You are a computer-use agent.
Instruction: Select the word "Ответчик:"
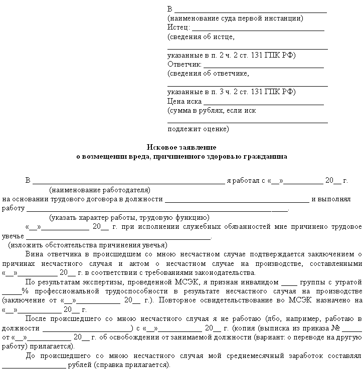185,65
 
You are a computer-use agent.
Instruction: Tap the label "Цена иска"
185,101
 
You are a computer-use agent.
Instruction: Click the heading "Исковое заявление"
181,147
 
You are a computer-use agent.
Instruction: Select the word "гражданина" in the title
266,156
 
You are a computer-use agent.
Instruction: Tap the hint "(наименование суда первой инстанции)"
235,19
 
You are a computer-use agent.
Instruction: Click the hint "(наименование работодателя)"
100,190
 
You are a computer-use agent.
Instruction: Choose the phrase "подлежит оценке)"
199,129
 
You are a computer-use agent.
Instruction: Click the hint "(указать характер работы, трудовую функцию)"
129,218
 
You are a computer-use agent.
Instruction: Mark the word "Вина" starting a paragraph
34,254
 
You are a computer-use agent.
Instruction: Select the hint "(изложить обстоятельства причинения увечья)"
87,245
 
